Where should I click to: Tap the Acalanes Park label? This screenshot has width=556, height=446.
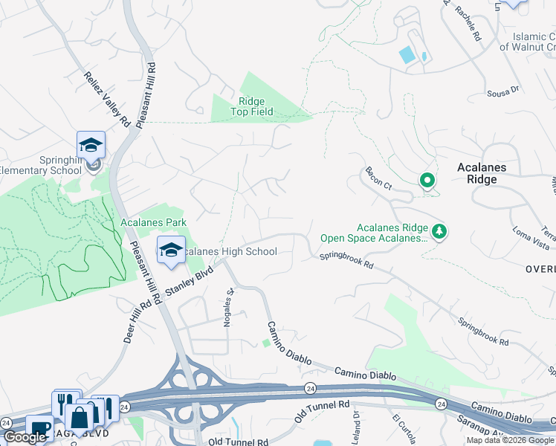pyautogui.click(x=153, y=222)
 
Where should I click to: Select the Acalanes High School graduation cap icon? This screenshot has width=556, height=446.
pyautogui.click(x=171, y=250)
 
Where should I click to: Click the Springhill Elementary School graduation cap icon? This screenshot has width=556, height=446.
pyautogui.click(x=91, y=144)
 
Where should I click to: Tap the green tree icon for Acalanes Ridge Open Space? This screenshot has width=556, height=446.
pyautogui.click(x=439, y=231)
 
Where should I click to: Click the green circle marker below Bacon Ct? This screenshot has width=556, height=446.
pyautogui.click(x=427, y=180)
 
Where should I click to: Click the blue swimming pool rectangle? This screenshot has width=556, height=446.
pyautogui.click(x=407, y=54)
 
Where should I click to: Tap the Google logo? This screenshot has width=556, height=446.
pyautogui.click(x=25, y=437)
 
